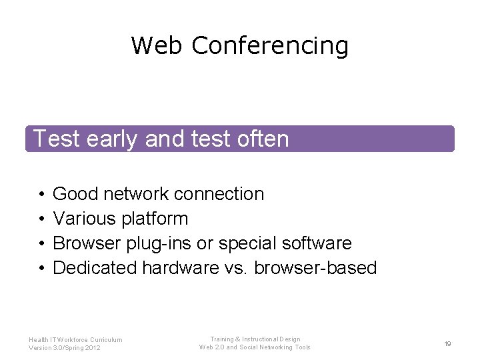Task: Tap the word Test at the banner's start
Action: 56,139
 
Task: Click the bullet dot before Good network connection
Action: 41,195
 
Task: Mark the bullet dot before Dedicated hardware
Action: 41,269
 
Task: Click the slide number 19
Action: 448,343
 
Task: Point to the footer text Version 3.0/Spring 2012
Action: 65,348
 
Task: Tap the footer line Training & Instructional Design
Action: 255,339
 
